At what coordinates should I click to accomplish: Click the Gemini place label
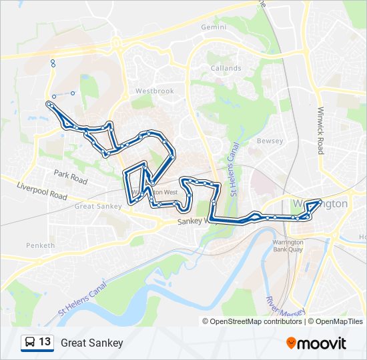pyautogui.click(x=213, y=27)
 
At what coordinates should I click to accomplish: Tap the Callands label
pyautogui.click(x=226, y=69)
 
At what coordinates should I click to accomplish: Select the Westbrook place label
pyautogui.click(x=154, y=91)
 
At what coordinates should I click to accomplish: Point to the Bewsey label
pyautogui.click(x=270, y=141)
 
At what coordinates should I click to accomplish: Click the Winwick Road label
pyautogui.click(x=321, y=131)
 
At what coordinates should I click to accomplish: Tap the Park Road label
pyautogui.click(x=71, y=177)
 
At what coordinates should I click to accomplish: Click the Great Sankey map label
pyautogui.click(x=98, y=207)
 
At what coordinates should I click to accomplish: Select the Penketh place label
pyautogui.click(x=40, y=245)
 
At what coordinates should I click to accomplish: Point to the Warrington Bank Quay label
pyautogui.click(x=288, y=245)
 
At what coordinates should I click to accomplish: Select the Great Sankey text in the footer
pyautogui.click(x=91, y=343)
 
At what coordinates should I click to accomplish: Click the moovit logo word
pyautogui.click(x=322, y=343)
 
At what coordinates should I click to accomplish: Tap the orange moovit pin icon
pyautogui.click(x=292, y=343)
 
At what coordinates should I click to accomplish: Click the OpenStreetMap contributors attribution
pyautogui.click(x=256, y=321)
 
